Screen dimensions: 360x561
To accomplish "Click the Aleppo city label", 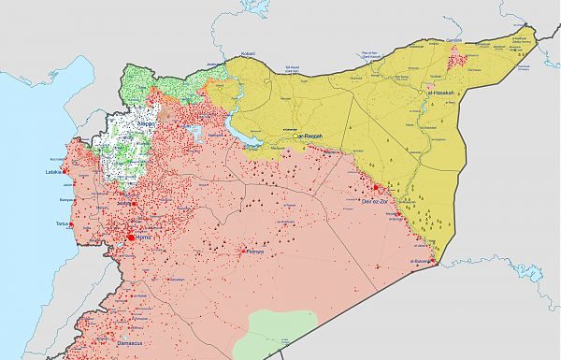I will pos(147,122).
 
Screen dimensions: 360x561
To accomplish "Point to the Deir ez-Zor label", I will pos(377,200).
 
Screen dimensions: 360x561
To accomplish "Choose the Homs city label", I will pos(137,238).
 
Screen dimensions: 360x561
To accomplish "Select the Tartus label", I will pos(63,224).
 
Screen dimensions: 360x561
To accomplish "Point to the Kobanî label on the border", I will pos(248,54).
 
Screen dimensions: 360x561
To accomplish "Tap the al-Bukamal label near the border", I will pos(422,261).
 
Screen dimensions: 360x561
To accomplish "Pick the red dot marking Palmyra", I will pos(245,252).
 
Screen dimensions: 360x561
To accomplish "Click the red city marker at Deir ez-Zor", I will pos(376,187).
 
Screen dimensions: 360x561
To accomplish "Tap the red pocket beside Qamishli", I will pos(458,60).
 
